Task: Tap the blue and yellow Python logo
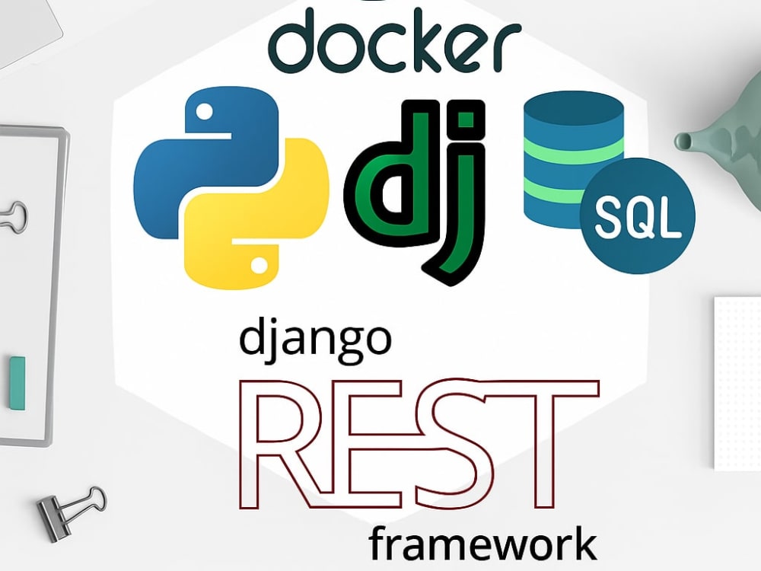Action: [x=231, y=188]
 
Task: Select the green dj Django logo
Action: [x=416, y=192]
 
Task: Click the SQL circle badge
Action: [x=637, y=215]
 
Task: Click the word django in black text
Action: [x=316, y=340]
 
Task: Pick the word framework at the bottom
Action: [x=482, y=545]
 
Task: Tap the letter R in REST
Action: [x=282, y=445]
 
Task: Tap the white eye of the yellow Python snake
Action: [x=259, y=265]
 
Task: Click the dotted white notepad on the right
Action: [x=737, y=383]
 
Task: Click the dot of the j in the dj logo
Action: [x=467, y=118]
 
